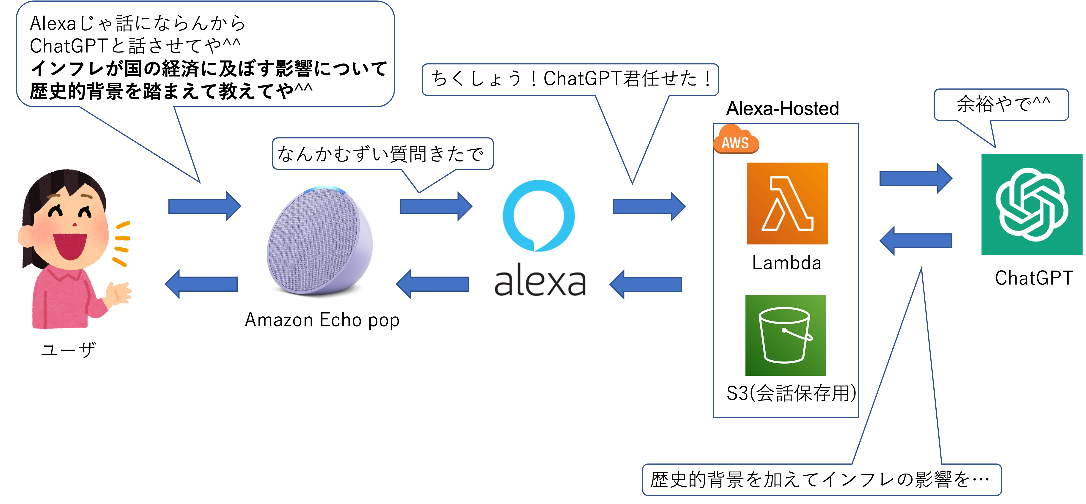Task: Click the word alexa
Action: [x=540, y=282]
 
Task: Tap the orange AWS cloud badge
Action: [x=736, y=140]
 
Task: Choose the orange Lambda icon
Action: [x=787, y=203]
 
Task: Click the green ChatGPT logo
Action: [x=1032, y=205]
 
